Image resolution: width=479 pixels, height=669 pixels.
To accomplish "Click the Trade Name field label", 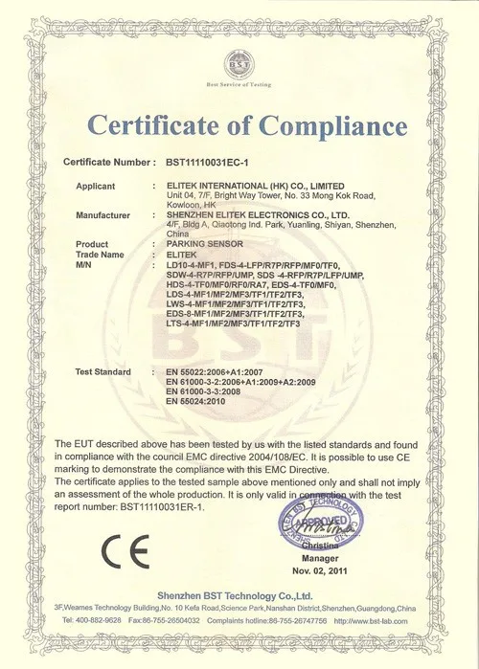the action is point(101,255).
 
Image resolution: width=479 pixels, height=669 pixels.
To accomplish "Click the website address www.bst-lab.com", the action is point(381,620).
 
